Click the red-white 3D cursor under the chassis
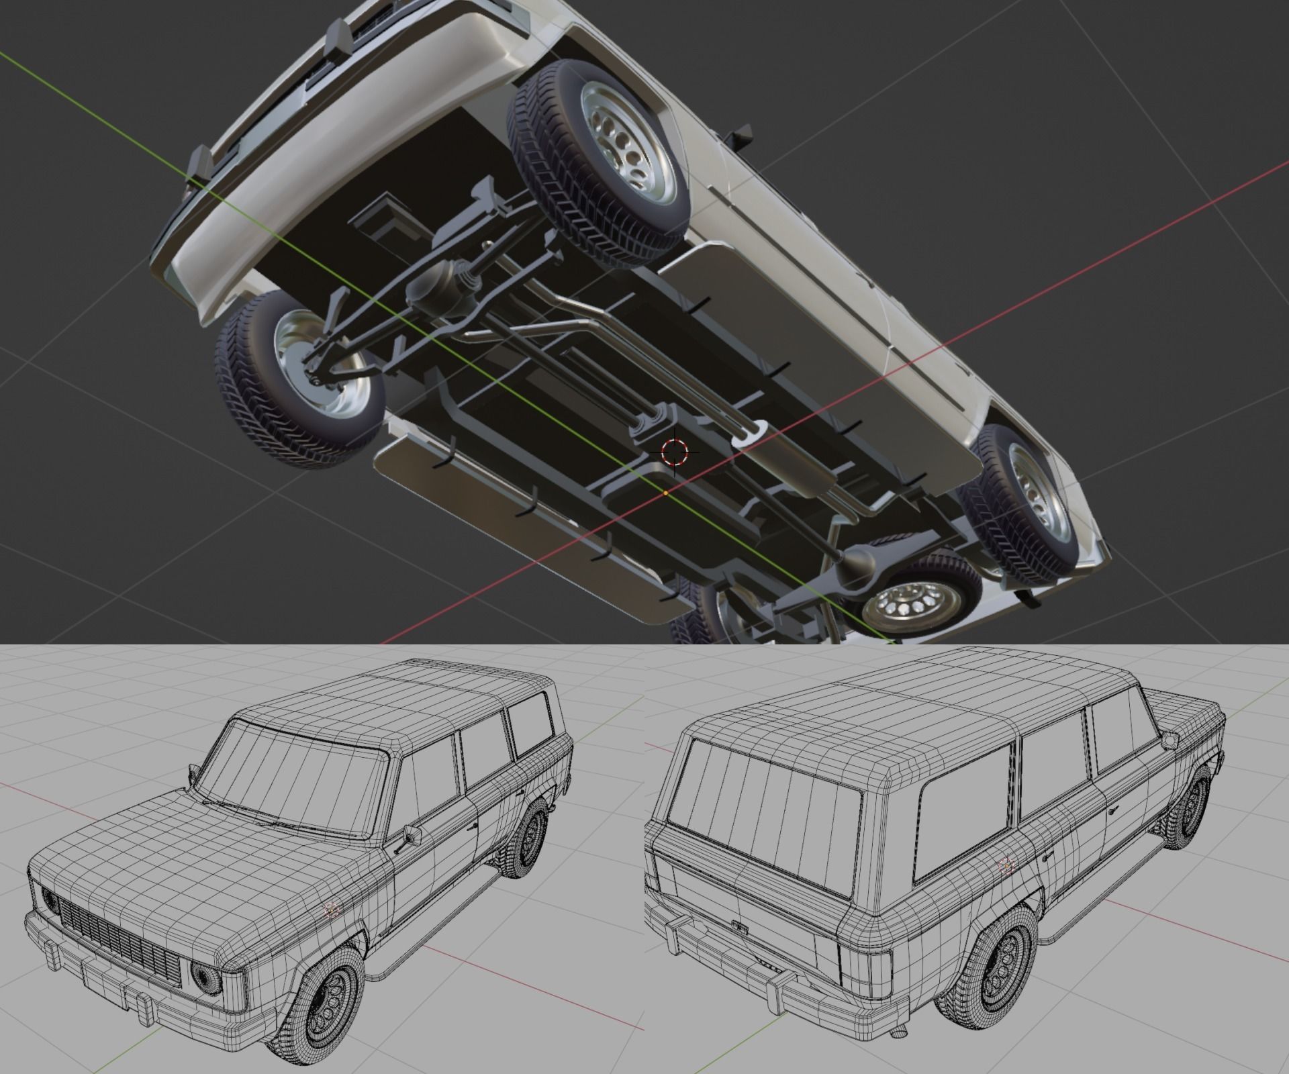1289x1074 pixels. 675,451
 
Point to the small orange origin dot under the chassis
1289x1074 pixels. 665,493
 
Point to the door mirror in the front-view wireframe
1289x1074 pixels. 412,834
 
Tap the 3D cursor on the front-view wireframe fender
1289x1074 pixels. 331,908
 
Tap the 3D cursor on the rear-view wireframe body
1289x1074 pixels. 1005,865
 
